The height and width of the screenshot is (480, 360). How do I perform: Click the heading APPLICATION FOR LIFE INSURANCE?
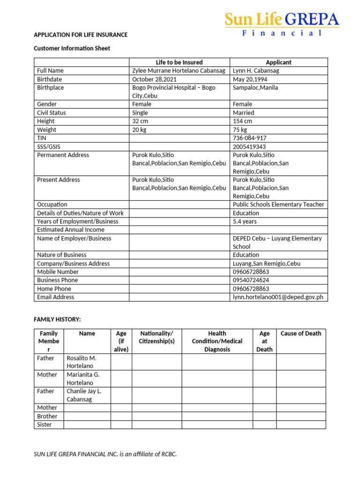[81, 35]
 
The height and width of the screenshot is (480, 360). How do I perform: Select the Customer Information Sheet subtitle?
[72, 48]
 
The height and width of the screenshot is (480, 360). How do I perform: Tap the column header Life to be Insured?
[179, 62]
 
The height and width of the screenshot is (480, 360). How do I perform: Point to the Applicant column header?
[278, 62]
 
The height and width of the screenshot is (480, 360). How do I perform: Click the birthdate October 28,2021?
[154, 79]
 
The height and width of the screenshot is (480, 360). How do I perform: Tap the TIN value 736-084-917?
[250, 138]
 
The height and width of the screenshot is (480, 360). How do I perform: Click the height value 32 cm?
[140, 121]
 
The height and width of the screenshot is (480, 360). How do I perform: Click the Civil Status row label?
[52, 112]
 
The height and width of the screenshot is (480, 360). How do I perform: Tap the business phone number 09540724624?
[251, 280]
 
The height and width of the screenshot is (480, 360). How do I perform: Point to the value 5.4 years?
[245, 221]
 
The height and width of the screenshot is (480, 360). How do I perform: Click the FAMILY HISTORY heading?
[57, 319]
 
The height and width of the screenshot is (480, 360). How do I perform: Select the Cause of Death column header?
[300, 333]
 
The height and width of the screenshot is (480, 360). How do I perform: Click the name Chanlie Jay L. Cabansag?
[84, 395]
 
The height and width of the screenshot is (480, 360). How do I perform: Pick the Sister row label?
[45, 425]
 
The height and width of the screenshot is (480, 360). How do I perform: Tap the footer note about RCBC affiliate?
[105, 454]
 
